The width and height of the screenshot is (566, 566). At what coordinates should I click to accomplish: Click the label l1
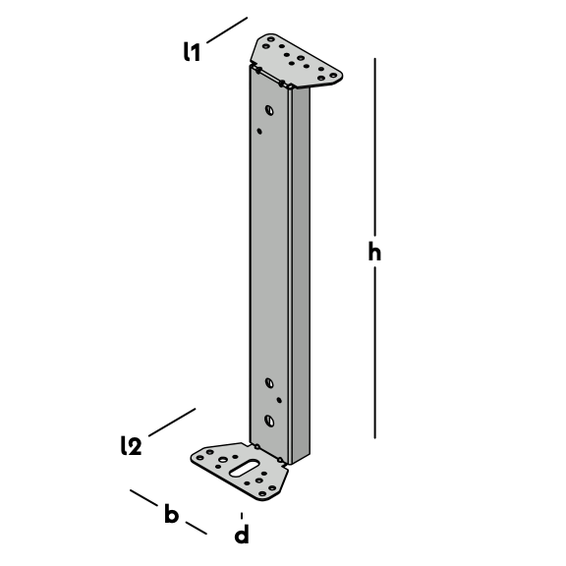pyautogui.click(x=192, y=52)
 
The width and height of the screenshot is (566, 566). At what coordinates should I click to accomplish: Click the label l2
pyautogui.click(x=131, y=445)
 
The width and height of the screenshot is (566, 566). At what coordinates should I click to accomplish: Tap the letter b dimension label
pyautogui.click(x=171, y=513)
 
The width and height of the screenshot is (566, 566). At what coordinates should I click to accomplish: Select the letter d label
pyautogui.click(x=242, y=534)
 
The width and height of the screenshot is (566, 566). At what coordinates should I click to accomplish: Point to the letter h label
pyautogui.click(x=374, y=251)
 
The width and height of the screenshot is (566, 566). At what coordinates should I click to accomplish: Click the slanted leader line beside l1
pyautogui.click(x=227, y=29)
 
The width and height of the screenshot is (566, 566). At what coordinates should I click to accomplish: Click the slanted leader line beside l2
pyautogui.click(x=172, y=423)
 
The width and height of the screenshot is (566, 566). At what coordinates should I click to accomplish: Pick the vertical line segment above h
pyautogui.click(x=374, y=146)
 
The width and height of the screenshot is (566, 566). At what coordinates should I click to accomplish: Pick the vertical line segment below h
pyautogui.click(x=374, y=353)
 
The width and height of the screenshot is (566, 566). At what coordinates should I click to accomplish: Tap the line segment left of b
pyautogui.click(x=143, y=498)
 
